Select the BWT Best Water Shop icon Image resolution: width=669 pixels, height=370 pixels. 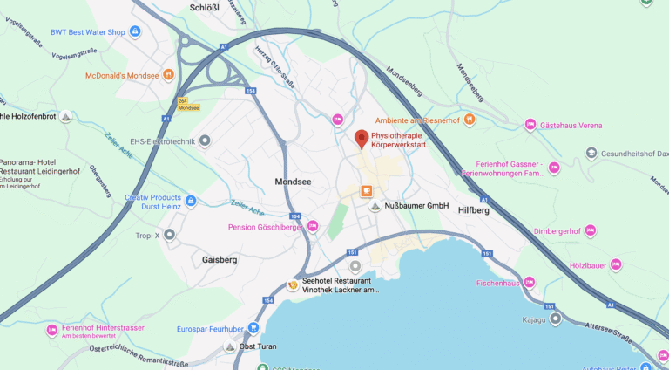135,32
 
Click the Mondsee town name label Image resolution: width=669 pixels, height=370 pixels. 293,182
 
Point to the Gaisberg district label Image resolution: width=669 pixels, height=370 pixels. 220,259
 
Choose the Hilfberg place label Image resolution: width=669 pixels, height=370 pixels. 474,209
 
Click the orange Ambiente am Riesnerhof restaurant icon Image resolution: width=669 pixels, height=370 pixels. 470,120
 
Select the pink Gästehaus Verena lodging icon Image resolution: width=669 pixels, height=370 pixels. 530,126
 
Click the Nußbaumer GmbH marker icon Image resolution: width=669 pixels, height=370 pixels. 375,206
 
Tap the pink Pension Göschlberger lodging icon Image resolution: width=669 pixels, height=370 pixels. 313,227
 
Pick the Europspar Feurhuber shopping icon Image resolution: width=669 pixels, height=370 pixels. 253,328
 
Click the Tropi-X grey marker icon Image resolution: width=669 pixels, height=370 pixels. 169,235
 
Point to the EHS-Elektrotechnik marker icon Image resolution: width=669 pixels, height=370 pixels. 205,140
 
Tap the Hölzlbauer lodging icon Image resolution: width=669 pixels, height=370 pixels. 616,264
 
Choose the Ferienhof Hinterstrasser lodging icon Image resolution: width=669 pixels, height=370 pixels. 51,331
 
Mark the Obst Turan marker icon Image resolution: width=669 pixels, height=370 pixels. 229,346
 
